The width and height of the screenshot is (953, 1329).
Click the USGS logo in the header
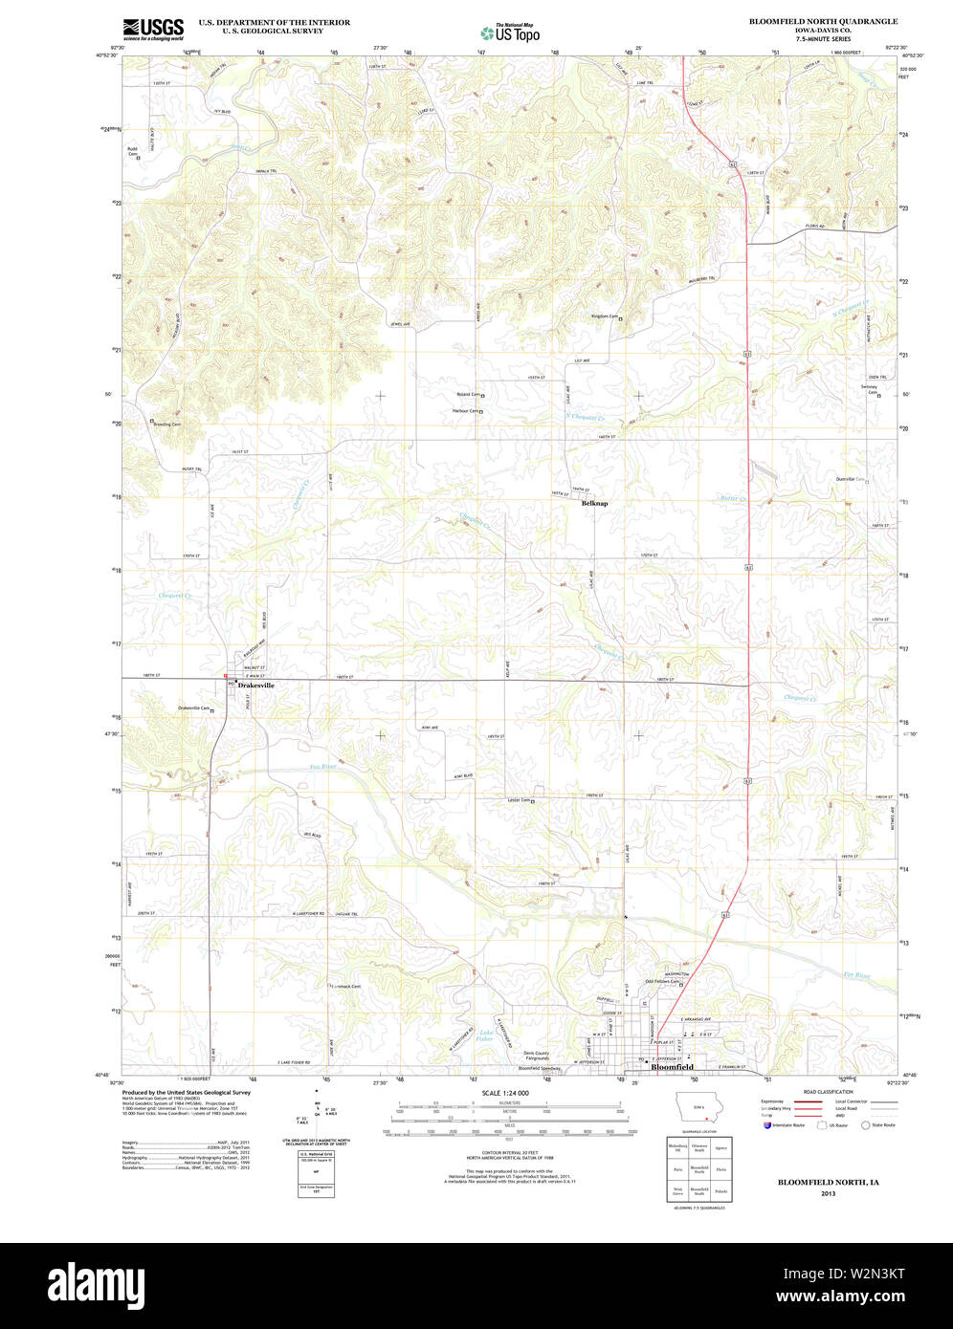tap(153, 29)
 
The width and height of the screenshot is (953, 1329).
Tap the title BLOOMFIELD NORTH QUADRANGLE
tap(823, 21)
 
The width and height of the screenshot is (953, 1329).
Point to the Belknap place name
tap(594, 503)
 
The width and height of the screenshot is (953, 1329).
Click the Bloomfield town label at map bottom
tap(672, 1067)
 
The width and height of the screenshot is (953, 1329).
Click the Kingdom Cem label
tap(605, 316)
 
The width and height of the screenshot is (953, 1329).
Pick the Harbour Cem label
tap(465, 411)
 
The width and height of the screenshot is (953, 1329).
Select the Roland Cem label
tap(468, 394)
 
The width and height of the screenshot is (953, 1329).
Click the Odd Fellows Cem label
tap(661, 981)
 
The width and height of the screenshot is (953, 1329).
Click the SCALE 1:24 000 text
tap(505, 1092)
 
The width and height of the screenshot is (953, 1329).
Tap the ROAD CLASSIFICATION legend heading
tap(828, 1092)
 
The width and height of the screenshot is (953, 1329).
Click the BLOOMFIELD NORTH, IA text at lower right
tap(828, 1183)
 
